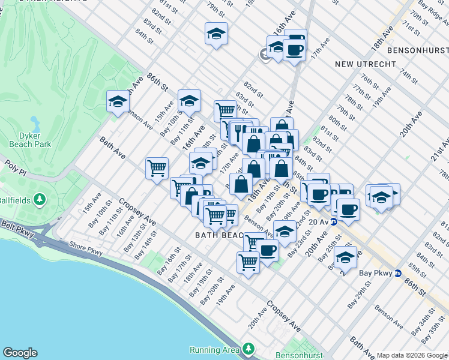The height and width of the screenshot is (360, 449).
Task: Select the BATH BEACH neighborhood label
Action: pos(218,236)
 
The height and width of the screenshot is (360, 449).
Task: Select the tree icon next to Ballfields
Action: pos(40,199)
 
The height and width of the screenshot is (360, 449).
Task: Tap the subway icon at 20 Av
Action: pos(334,221)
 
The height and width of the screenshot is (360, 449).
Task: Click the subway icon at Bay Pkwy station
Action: pos(397,274)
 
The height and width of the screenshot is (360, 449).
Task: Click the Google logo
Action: pos(20,352)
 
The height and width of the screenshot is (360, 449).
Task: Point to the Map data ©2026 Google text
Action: pos(412,355)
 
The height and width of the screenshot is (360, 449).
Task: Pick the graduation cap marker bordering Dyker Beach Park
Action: pos(118,101)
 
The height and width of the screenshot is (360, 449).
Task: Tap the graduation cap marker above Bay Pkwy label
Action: pos(345,257)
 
